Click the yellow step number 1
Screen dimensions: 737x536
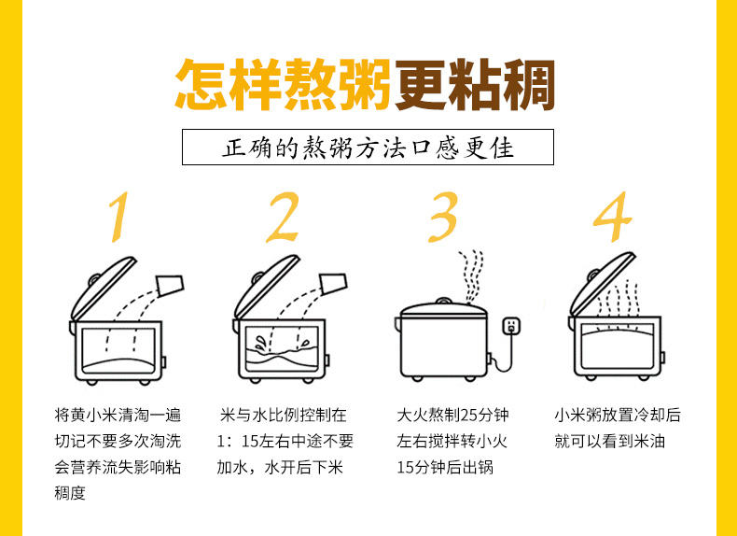coord(119,217)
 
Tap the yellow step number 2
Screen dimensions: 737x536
coord(283,217)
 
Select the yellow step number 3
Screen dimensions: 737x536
coord(443,217)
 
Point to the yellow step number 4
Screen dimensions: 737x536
coord(612,217)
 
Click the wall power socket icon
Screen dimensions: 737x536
coord(511,326)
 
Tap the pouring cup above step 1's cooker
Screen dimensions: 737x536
coord(170,285)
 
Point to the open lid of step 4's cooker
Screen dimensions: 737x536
coord(602,284)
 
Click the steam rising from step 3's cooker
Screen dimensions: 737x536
coord(471,277)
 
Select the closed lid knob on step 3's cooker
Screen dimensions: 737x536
coord(443,301)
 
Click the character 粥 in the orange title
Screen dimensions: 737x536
coord(363,85)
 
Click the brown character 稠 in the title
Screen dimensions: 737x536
coord(529,85)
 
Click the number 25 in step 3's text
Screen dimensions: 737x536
coord(469,415)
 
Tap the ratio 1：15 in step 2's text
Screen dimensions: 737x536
coord(237,442)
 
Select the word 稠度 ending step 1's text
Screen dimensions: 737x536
coord(70,493)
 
